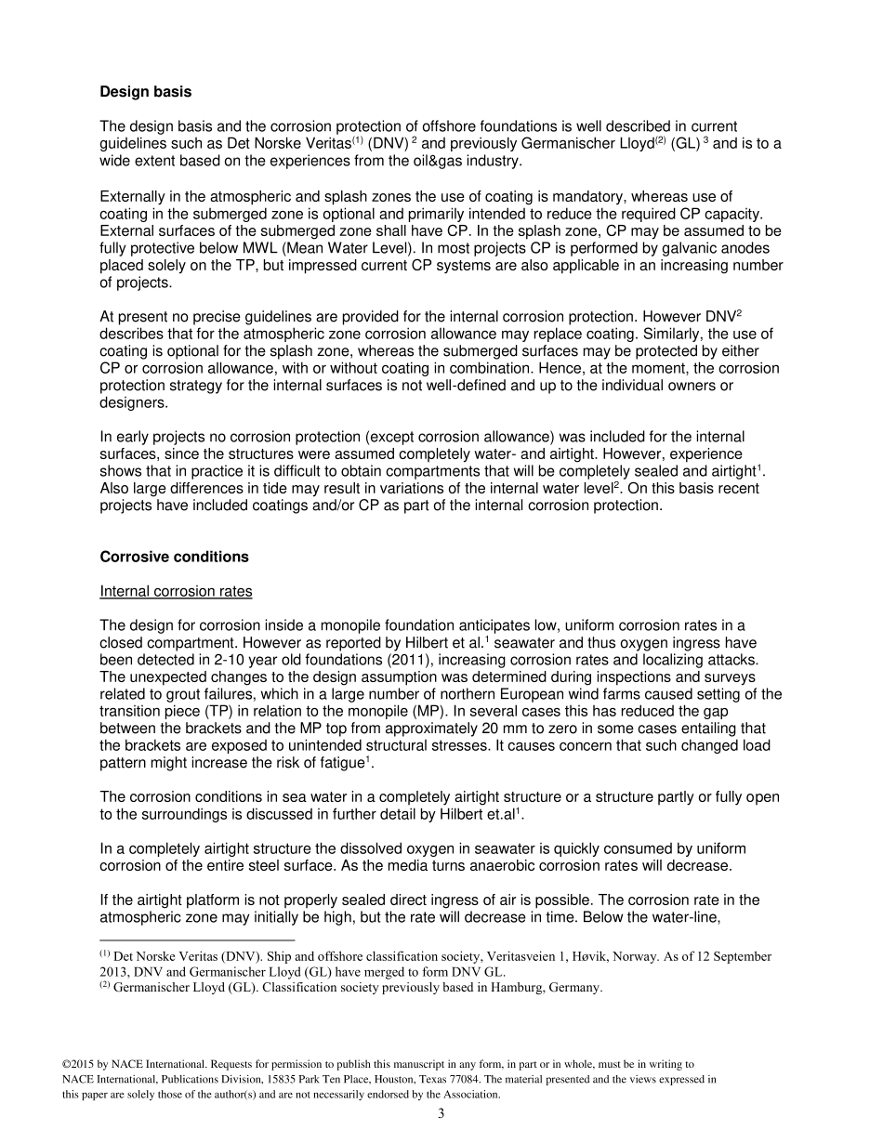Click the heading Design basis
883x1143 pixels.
point(145,92)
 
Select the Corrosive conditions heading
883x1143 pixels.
point(174,557)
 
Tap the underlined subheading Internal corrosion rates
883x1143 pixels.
point(176,591)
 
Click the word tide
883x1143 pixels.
point(267,489)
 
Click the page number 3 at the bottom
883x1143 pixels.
point(441,1114)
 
